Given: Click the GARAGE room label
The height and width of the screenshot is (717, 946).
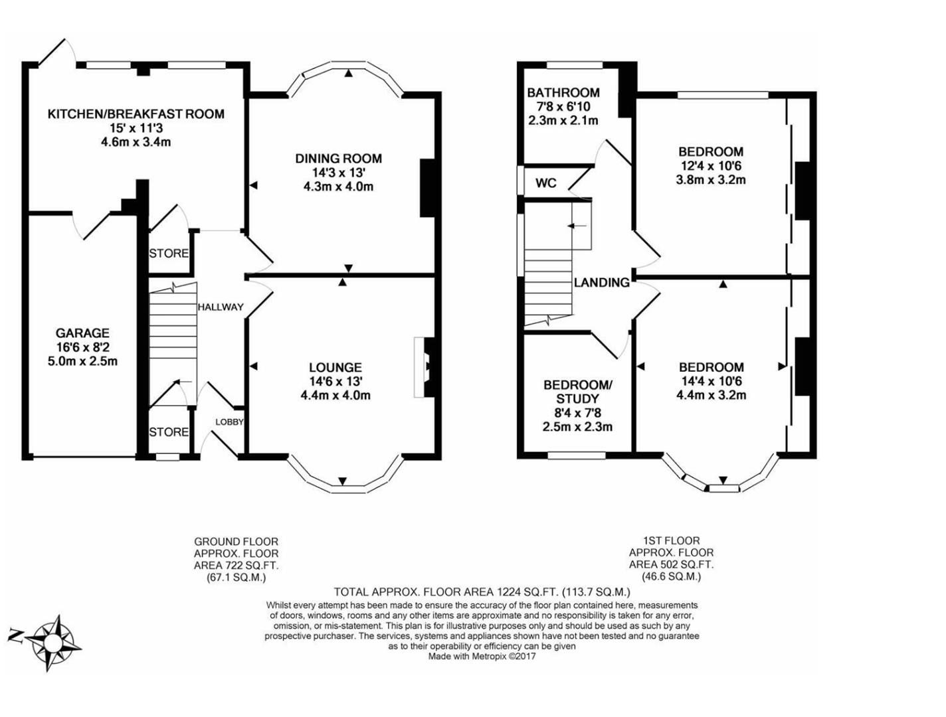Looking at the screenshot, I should [x=82, y=333].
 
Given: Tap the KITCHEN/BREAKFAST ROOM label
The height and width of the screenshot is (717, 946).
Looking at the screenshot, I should [x=136, y=114].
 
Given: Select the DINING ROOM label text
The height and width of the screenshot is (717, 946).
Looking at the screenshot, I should [x=338, y=159].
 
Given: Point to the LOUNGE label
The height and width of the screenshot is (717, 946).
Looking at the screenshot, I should [x=335, y=367].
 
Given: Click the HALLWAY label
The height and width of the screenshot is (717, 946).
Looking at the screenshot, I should [x=221, y=307].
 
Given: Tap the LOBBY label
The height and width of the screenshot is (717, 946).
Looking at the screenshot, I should [x=229, y=422].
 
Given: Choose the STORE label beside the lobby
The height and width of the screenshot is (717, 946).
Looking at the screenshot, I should [x=169, y=432].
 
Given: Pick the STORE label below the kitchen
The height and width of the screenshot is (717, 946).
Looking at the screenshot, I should [x=169, y=254].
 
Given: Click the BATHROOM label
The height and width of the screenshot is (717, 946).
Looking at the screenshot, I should [x=563, y=93].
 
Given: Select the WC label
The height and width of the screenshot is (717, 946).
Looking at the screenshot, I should [x=546, y=183].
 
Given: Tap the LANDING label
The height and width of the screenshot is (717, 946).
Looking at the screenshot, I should [x=602, y=283].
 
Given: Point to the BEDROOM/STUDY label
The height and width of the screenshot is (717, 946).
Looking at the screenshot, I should [x=577, y=392].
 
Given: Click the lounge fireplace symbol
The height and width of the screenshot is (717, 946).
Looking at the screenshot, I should [x=423, y=367].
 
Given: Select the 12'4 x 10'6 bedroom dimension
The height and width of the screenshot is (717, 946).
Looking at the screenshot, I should [x=711, y=166].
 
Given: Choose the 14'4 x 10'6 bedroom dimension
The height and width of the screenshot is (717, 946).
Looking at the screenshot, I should [x=711, y=381].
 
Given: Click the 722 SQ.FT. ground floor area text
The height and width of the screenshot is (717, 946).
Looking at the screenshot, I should [x=236, y=566].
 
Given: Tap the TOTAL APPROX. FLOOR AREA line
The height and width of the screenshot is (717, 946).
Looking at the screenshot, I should [x=482, y=592].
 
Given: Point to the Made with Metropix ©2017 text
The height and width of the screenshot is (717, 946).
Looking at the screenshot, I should [x=482, y=657].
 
